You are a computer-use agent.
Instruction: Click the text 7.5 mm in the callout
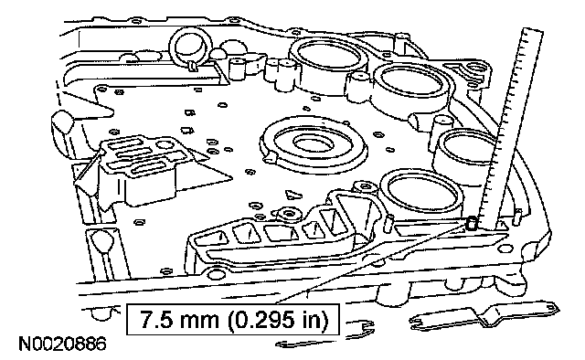(x=179, y=319)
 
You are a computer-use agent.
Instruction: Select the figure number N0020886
(x=62, y=344)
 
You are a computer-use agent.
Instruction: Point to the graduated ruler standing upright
(x=511, y=127)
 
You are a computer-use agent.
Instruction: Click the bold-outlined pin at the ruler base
(x=472, y=223)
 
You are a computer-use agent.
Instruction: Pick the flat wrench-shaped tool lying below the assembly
(x=485, y=317)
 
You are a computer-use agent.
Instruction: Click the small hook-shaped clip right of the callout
(x=364, y=327)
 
